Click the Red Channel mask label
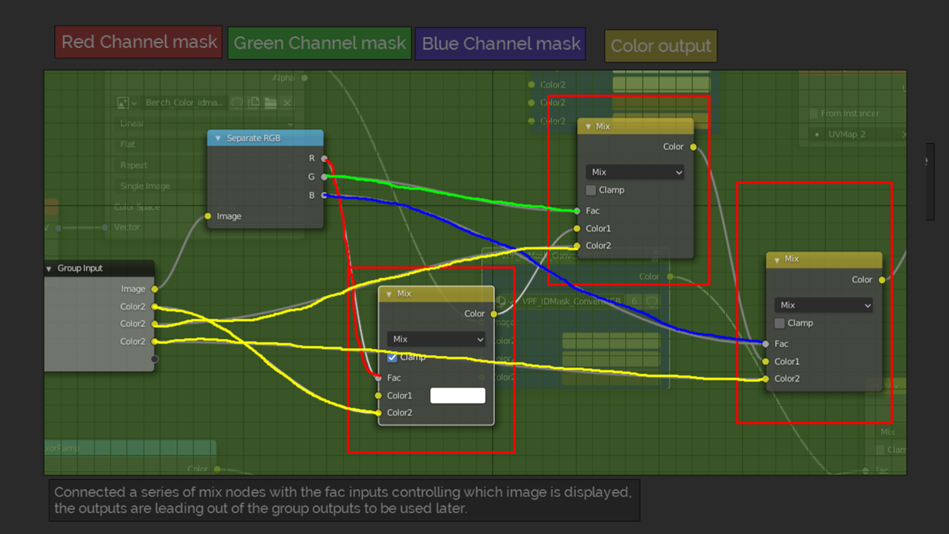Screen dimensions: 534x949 139,42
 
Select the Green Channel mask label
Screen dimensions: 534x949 319,43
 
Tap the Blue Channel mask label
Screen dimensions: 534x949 500,44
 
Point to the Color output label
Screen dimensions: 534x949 661,46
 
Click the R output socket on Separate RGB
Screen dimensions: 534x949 325,158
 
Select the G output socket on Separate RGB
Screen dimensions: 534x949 325,177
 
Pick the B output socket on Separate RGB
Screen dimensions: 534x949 325,196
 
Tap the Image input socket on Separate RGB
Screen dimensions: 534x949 208,216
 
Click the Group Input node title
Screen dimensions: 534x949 80,268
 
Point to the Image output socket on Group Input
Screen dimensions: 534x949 154,289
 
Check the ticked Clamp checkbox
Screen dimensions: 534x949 392,357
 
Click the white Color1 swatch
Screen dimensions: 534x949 457,395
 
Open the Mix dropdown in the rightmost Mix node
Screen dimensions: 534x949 823,305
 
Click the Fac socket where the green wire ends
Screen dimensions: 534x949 577,211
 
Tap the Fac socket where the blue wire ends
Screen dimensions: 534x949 766,344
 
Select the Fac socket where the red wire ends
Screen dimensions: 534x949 378,378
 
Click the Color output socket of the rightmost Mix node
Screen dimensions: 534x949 882,280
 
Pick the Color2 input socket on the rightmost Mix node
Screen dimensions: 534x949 766,379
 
